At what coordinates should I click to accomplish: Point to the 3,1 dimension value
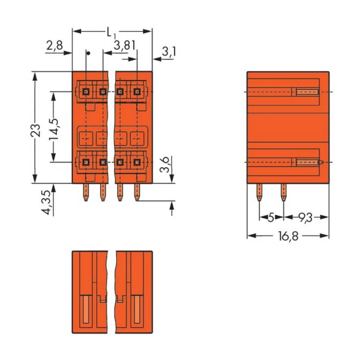click(168, 53)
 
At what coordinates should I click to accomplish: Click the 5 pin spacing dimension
click(271, 217)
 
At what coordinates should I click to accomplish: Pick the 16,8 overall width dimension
click(288, 237)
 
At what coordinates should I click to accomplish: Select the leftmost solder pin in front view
click(86, 192)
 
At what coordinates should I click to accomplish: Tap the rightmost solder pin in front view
click(137, 192)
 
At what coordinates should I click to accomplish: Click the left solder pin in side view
click(259, 192)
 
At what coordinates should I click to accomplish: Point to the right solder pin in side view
click(283, 192)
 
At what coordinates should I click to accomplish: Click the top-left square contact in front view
click(86, 91)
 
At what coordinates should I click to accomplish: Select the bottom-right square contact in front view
click(137, 162)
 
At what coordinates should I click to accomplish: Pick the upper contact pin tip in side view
click(308, 92)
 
